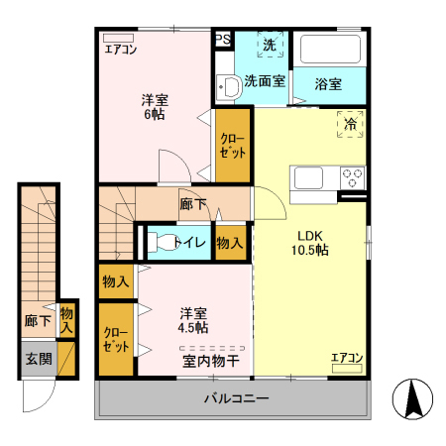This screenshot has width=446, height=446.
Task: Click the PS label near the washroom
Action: coord(223,41)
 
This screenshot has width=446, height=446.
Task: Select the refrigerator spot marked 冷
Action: coord(350,124)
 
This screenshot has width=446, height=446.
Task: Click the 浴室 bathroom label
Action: coord(329,84)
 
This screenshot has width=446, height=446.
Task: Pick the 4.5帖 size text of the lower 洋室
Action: coord(192,327)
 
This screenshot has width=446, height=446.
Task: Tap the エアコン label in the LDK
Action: coord(347,358)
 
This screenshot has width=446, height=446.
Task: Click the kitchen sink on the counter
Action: coord(309,178)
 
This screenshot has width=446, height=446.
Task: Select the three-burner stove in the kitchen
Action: coord(352,178)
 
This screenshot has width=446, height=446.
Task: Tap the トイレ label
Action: coord(188,242)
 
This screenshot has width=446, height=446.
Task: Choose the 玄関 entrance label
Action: coord(40,358)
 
